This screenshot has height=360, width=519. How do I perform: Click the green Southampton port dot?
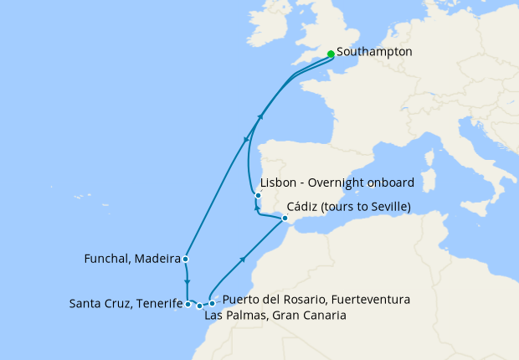(x=331, y=54)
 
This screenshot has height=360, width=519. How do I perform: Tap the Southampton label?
(x=374, y=52)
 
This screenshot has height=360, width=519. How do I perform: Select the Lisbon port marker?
(x=258, y=195)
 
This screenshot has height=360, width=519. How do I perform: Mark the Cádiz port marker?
(x=284, y=219)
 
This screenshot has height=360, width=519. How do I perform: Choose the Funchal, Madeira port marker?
(x=185, y=259)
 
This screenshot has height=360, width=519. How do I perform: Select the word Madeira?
(x=157, y=259)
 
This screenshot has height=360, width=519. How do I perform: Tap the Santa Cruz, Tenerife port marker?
(x=188, y=304)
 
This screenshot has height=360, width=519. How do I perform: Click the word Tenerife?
(x=159, y=303)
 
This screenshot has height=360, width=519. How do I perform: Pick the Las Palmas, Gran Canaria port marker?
(x=199, y=306)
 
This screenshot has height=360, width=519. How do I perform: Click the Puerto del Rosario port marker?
(x=213, y=303)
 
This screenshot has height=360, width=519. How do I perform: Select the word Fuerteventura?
(x=370, y=300)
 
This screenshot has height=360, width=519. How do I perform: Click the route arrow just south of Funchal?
(x=186, y=281)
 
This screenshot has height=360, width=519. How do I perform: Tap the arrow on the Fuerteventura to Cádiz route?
(x=242, y=260)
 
